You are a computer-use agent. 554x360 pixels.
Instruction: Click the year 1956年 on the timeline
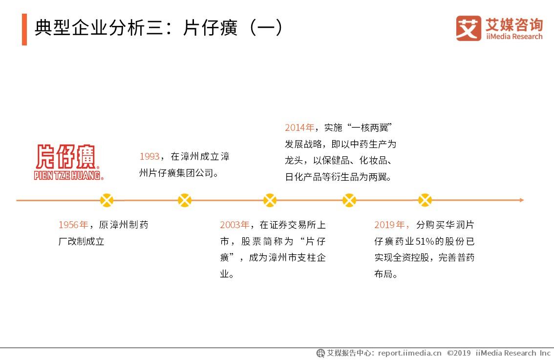[73, 225]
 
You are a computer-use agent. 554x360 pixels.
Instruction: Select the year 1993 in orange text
[149, 157]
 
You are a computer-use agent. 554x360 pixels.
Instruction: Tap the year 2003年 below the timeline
[234, 225]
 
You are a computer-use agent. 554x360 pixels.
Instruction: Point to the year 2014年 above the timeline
[300, 128]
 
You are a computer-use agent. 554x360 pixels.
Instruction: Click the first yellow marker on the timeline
[107, 200]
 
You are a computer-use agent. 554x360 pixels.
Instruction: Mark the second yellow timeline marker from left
[185, 200]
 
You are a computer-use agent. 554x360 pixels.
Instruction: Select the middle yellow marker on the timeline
[270, 200]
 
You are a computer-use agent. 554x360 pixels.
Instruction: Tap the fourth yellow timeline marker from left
[349, 200]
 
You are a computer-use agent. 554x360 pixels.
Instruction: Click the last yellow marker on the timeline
[425, 200]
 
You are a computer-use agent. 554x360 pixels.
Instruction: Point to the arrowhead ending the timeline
[521, 200]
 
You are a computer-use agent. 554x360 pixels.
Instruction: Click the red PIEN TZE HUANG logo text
[69, 175]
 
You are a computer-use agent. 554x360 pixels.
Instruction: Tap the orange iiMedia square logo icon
[469, 28]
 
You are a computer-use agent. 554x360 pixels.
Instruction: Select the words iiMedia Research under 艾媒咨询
[514, 37]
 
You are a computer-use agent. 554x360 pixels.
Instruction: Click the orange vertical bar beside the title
[24, 29]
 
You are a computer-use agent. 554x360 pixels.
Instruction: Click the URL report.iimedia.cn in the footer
[409, 353]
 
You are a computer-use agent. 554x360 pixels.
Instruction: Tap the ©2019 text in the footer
[459, 353]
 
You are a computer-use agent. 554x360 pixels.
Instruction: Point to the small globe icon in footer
[320, 353]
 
